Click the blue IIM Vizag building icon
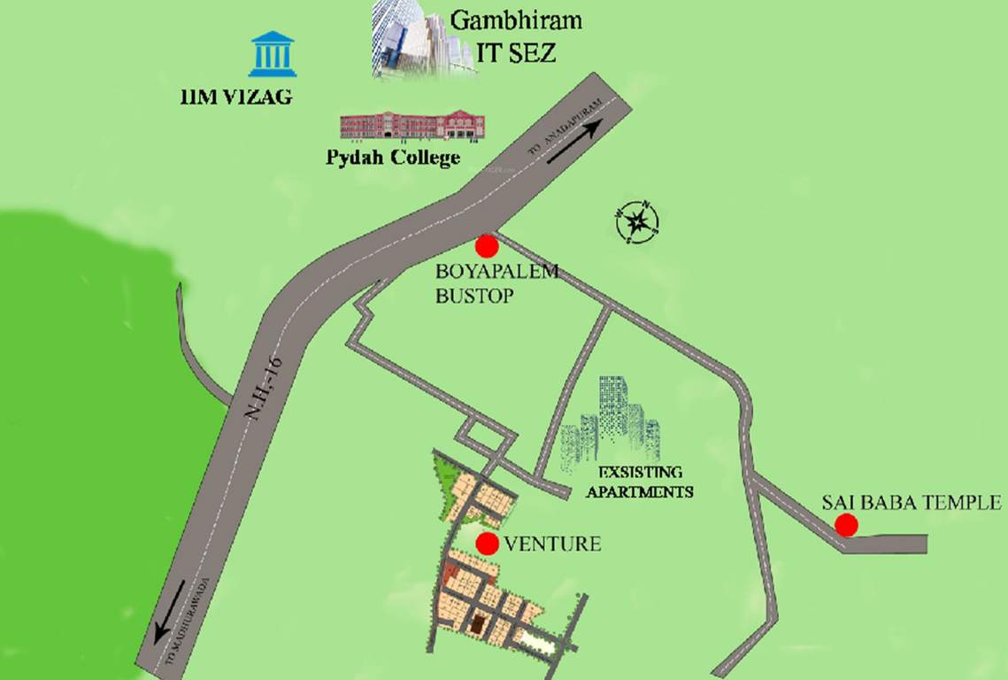pos(273,54)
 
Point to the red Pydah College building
pos(412,126)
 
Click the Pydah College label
pos(392,158)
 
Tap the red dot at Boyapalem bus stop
pos(485,245)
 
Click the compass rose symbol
pos(637,222)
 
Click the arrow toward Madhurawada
pos(171,611)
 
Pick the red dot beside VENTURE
pos(486,543)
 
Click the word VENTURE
pos(552,544)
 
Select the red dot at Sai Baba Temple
pos(847,525)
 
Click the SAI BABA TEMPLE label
pos(911,502)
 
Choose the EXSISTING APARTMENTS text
pos(640,483)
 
